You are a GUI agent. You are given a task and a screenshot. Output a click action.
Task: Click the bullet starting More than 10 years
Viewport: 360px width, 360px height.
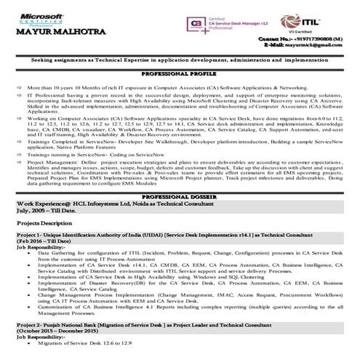point(145,86)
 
